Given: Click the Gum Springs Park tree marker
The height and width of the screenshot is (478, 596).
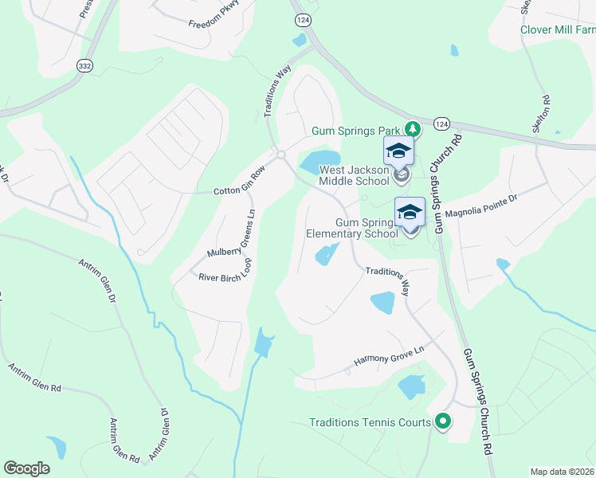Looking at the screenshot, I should [412, 128].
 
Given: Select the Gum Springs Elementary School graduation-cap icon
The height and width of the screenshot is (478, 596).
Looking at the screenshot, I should [410, 211].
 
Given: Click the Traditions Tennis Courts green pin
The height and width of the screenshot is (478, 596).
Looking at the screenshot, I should [443, 422].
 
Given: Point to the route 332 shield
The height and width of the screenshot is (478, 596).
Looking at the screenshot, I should [84, 66].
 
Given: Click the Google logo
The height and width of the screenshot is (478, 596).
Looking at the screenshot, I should [26, 468].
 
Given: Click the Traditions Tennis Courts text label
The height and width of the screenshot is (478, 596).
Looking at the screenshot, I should [370, 423].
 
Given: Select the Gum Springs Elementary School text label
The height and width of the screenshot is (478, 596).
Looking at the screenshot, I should [352, 229].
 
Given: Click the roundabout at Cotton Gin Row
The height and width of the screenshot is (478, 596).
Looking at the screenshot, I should [280, 155].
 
